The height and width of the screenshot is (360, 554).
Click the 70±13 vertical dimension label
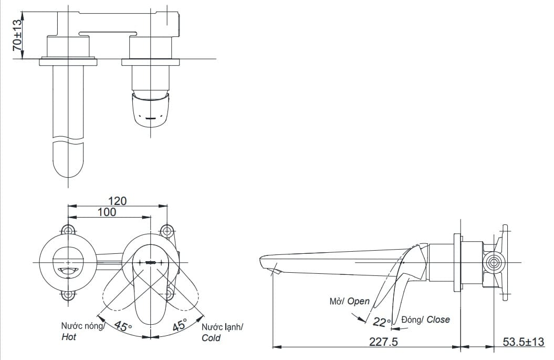(17, 35)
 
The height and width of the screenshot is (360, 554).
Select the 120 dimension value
(117, 201)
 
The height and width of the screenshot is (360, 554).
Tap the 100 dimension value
(107, 212)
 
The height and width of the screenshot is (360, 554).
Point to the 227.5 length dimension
(383, 342)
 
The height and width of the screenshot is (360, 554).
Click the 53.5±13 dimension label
(523, 342)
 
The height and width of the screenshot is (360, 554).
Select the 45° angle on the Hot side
(123, 326)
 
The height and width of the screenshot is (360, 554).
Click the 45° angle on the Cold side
(180, 325)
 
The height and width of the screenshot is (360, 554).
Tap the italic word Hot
(69, 337)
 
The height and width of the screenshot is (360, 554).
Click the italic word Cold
(211, 338)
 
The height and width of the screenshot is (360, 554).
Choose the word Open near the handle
(359, 301)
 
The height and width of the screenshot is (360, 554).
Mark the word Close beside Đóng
(438, 319)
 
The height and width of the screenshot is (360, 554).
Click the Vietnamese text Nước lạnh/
(222, 326)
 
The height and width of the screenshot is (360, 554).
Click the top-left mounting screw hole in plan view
(68, 230)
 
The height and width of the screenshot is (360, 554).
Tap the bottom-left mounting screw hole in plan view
(68, 295)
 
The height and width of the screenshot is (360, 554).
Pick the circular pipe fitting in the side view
(494, 262)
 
